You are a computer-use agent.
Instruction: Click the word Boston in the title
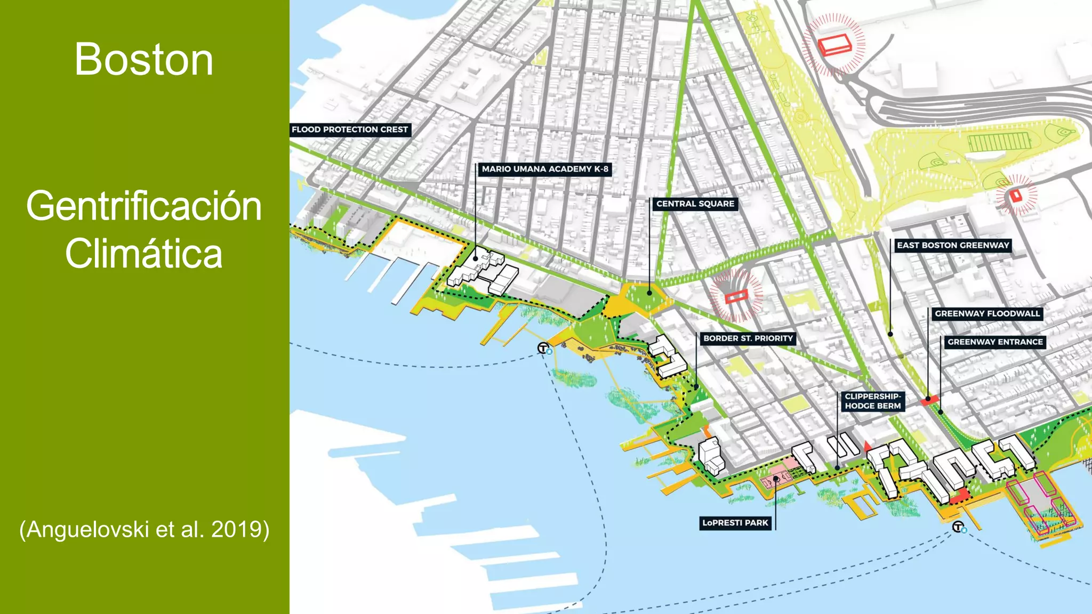pos(144,60)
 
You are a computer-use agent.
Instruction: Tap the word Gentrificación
pos(144,207)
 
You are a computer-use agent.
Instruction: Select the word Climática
pos(144,254)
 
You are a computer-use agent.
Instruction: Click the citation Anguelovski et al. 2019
pos(144,529)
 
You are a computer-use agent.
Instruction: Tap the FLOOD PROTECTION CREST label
pos(350,130)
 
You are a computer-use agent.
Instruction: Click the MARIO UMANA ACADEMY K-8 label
pos(544,169)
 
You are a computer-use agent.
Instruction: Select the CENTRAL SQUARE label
pos(695,204)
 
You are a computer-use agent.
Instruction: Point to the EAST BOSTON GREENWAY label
pos(952,245)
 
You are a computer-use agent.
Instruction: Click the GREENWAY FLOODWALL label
pos(987,313)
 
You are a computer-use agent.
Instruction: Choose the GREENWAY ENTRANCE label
pos(995,342)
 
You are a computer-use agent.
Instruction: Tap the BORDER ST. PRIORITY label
pos(748,338)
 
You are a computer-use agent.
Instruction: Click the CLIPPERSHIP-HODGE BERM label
pos(873,401)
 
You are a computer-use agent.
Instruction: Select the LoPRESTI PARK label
pos(735,523)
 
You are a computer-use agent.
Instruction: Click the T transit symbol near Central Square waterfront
pos(543,348)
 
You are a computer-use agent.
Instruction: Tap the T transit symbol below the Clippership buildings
pos(958,527)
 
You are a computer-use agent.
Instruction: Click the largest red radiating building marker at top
pos(834,44)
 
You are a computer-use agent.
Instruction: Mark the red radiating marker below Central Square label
pos(736,295)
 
